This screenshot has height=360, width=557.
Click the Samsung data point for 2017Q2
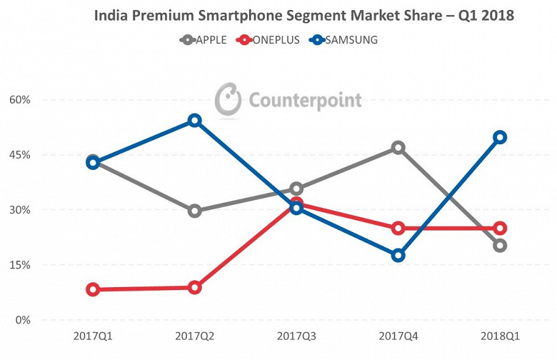pos(194,120)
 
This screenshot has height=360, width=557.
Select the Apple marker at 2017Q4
pos(398,148)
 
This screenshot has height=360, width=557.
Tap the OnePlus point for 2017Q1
pos(92,289)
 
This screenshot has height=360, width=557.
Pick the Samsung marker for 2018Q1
pos(500,137)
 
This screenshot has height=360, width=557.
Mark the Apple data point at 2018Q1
pos(500,246)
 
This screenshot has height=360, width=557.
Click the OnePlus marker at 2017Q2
pos(194,287)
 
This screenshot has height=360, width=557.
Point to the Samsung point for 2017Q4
pos(398,255)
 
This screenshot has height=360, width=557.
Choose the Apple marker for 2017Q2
pos(194,211)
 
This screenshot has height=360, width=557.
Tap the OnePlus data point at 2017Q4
pos(398,228)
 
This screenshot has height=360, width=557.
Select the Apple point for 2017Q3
pos(296,189)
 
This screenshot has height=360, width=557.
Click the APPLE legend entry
pos(204,40)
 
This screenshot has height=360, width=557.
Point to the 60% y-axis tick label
pos(21,100)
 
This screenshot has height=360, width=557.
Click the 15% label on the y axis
pos(21,265)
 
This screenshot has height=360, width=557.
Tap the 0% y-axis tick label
pos(23,320)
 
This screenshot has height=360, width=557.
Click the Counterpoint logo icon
pos(229,99)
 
